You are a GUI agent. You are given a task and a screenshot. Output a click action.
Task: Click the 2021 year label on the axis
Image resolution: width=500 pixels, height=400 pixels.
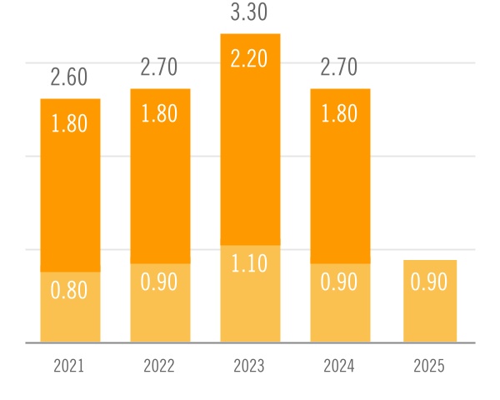pyautogui.click(x=70, y=367)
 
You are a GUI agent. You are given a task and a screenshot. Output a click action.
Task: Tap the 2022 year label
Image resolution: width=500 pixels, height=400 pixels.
pyautogui.click(x=159, y=367)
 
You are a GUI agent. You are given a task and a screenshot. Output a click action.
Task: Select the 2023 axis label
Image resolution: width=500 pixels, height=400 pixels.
pyautogui.click(x=249, y=367)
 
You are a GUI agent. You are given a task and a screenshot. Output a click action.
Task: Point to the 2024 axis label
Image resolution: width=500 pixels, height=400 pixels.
pyautogui.click(x=339, y=367)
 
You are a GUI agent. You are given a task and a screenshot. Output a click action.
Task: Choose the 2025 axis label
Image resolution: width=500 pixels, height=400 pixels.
pyautogui.click(x=429, y=367)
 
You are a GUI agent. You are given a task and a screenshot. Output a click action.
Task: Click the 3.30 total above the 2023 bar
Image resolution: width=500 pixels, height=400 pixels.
pyautogui.click(x=249, y=13)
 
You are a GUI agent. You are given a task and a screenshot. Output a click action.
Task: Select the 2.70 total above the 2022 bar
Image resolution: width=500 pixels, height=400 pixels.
pyautogui.click(x=159, y=67)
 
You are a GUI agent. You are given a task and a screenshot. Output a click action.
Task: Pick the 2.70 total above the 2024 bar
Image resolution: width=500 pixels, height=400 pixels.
pyautogui.click(x=339, y=67)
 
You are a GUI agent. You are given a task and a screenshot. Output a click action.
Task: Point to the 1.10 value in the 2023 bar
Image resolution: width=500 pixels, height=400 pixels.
pyautogui.click(x=249, y=265)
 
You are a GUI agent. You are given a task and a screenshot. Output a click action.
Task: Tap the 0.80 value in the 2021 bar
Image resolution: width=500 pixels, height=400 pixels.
pyautogui.click(x=70, y=291)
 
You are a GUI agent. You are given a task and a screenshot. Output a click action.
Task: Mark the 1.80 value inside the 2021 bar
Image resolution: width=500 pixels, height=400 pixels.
pyautogui.click(x=70, y=123)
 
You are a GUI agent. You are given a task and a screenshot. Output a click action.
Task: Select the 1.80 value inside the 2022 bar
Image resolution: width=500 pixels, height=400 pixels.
pyautogui.click(x=159, y=114)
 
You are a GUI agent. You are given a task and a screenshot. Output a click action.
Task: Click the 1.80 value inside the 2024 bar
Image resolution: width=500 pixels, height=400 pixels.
pyautogui.click(x=339, y=114)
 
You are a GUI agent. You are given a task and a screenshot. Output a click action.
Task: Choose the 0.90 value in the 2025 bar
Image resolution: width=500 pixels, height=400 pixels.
pyautogui.click(x=429, y=282)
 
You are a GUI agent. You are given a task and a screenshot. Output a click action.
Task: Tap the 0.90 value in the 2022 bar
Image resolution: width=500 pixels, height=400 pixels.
pyautogui.click(x=159, y=282)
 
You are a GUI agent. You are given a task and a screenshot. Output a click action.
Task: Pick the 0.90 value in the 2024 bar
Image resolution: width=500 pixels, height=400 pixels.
pyautogui.click(x=339, y=282)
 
